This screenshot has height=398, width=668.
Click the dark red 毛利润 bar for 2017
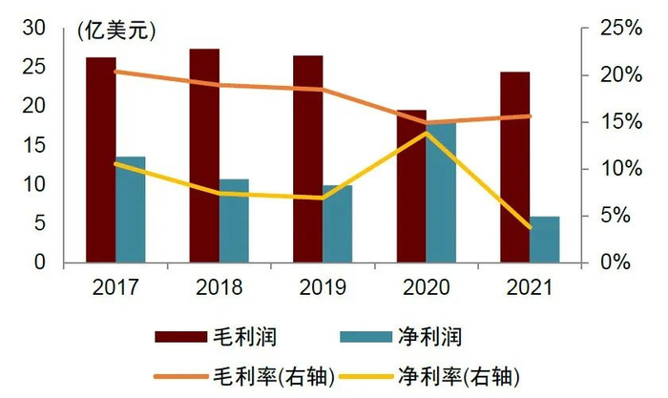(100, 159)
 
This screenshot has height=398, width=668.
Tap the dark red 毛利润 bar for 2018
(204, 155)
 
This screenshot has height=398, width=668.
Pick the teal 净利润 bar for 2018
(234, 220)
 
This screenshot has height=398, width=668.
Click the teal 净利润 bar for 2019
(337, 224)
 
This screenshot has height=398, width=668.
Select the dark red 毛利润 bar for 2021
(514, 167)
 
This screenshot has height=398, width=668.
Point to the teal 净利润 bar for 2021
(545, 240)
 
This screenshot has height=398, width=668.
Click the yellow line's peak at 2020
(427, 133)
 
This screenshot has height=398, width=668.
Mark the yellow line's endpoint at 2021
(530, 227)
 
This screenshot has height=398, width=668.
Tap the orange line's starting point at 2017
(115, 72)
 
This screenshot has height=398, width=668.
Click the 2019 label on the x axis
(322, 286)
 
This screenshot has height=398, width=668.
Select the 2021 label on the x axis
(530, 286)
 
